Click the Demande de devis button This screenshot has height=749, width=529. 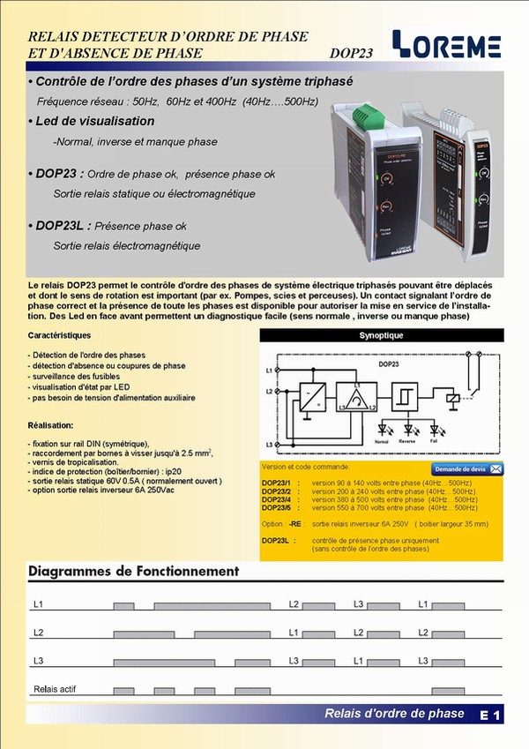pyautogui.click(x=466, y=468)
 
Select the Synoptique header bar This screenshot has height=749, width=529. pyautogui.click(x=382, y=336)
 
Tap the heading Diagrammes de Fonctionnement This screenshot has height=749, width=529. pyautogui.click(x=134, y=571)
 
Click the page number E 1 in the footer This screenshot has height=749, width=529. pyautogui.click(x=491, y=715)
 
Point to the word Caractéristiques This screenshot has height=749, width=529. pyautogui.click(x=59, y=336)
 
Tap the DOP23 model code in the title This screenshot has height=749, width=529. pyautogui.click(x=351, y=53)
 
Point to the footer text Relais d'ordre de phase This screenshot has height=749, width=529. pyautogui.click(x=394, y=714)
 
